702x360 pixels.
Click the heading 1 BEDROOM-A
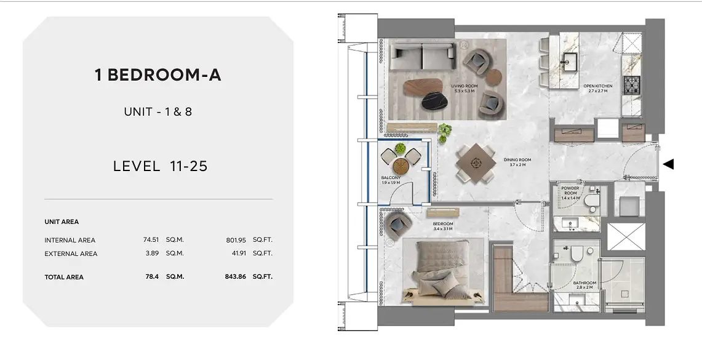coord(158,75)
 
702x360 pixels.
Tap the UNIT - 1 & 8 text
coord(158,111)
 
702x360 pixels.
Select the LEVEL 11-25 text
coord(161,166)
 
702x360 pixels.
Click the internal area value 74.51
coord(151,240)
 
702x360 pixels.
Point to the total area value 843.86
coord(236,277)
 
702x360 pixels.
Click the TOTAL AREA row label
coord(64,277)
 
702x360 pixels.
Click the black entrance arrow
coord(668,164)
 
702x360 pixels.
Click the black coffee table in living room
coord(434,101)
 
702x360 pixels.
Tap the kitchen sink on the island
coord(570,60)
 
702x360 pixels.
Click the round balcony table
coord(401,167)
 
